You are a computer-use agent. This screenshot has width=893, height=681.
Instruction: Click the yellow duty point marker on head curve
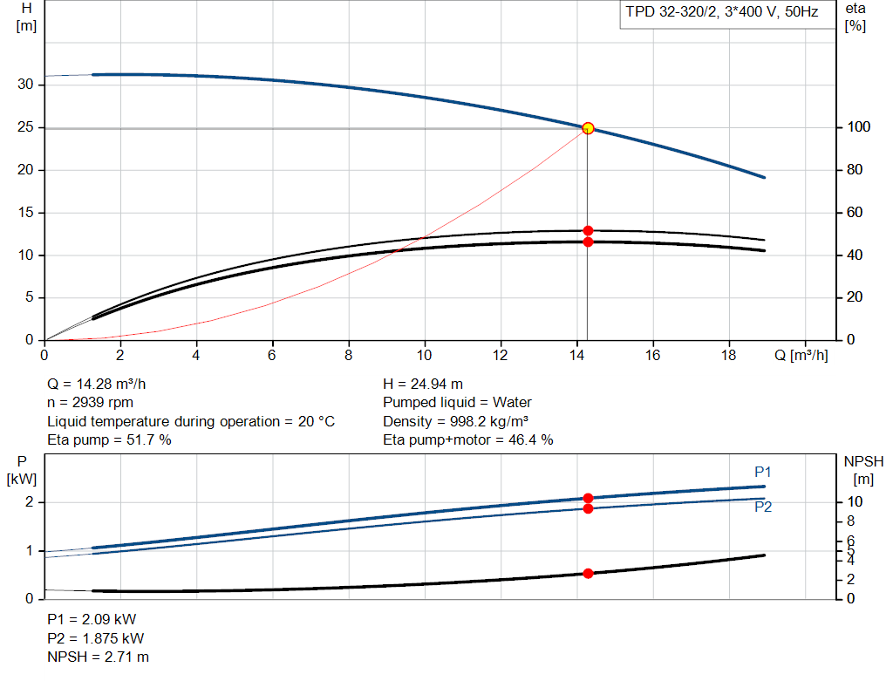tap(588, 128)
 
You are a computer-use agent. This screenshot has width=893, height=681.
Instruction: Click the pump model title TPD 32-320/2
tap(719, 12)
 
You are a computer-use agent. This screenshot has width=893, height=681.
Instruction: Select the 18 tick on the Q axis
tap(728, 356)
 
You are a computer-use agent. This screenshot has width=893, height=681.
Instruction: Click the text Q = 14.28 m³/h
tap(103, 384)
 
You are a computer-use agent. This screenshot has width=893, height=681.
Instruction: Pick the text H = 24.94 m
tap(423, 384)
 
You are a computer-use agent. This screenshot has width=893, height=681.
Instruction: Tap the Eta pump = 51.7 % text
tap(109, 440)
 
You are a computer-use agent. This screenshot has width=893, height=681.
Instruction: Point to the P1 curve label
tap(763, 472)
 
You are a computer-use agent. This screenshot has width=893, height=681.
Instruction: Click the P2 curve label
tap(763, 507)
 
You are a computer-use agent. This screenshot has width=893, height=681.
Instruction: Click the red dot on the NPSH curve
tap(588, 574)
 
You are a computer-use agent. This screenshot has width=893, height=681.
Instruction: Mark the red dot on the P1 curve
tap(588, 498)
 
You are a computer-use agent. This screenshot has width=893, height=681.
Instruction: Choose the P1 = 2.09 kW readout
tap(92, 620)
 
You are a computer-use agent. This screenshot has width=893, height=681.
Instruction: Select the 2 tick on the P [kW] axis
tap(30, 502)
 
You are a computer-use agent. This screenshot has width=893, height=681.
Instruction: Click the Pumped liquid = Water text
tap(457, 403)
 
